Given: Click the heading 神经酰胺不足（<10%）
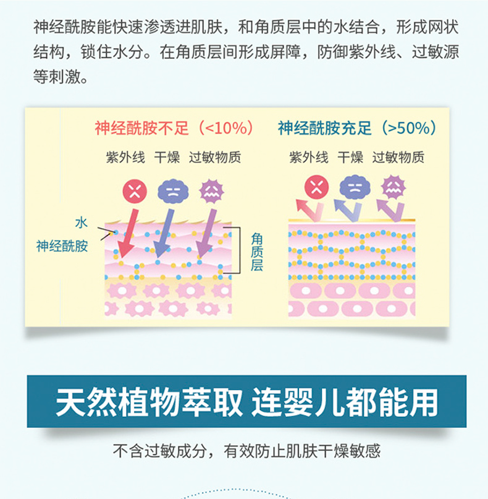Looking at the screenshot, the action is pos(174,128).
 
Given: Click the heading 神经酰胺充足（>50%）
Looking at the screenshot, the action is pos(358,128).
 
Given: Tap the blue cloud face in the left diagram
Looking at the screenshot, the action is pos(172,190).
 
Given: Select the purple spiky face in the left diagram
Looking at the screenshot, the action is pos(211,190).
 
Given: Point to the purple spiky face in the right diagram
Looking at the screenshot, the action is pos(392,186).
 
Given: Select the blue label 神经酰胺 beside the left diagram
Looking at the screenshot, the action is pos(62,245).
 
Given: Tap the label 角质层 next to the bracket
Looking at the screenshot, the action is pos(257,252).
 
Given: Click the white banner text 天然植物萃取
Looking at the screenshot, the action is pos(148,402).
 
